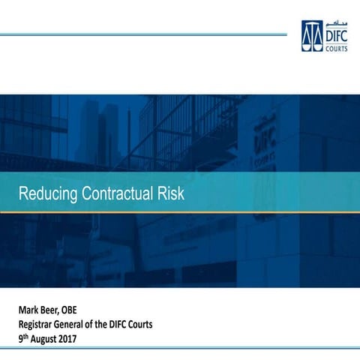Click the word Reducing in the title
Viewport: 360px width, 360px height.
pyautogui.click(x=46, y=194)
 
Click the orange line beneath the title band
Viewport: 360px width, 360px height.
pyautogui.click(x=180, y=212)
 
